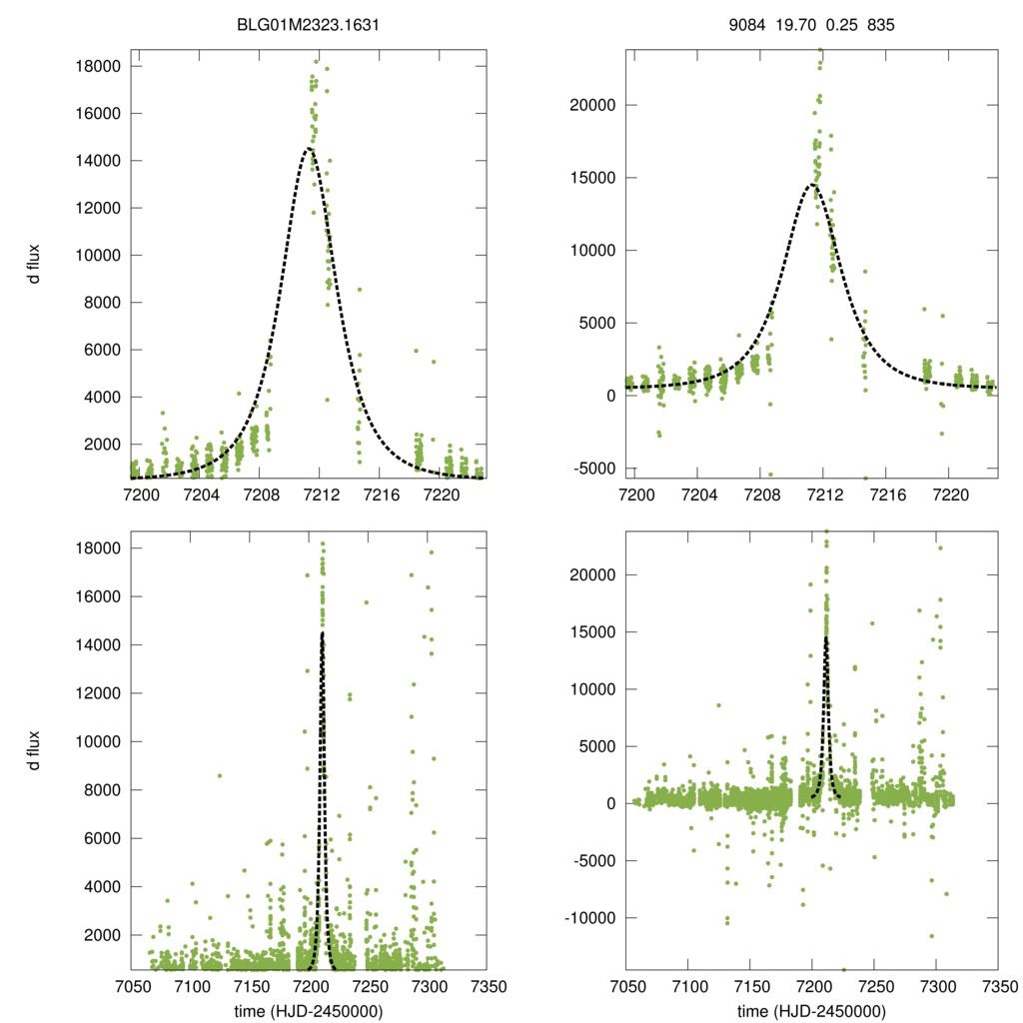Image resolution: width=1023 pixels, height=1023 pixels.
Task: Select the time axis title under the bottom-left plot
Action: (x=309, y=1010)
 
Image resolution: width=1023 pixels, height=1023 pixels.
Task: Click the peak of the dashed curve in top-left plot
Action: (x=309, y=149)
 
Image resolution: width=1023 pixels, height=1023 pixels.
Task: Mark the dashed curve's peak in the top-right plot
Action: (x=812, y=185)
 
